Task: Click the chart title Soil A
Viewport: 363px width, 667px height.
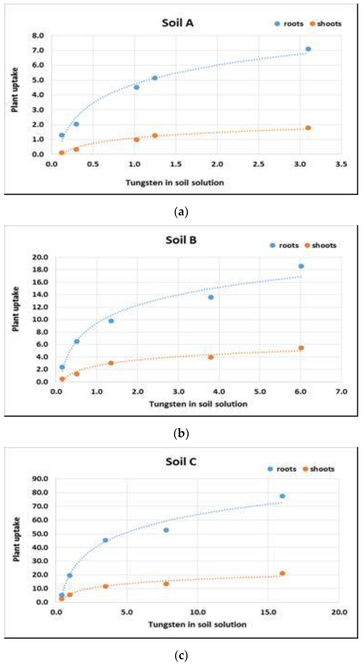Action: coord(178,23)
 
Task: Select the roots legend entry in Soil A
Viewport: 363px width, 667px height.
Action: coord(289,24)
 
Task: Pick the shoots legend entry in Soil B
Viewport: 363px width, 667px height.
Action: coord(321,245)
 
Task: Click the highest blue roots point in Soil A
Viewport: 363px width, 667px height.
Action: coord(308,49)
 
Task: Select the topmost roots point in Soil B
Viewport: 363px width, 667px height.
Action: coord(301,266)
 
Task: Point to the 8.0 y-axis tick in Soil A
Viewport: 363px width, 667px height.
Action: coord(38,35)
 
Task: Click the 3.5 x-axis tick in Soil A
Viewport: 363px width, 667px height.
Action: coord(341,164)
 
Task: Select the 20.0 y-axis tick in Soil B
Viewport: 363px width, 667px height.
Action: coord(40,257)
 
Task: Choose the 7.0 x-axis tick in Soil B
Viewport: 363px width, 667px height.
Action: coord(341,392)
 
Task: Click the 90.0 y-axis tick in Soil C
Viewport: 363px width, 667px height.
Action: coord(40,479)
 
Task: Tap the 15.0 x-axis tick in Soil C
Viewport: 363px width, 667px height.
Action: coord(268,612)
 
